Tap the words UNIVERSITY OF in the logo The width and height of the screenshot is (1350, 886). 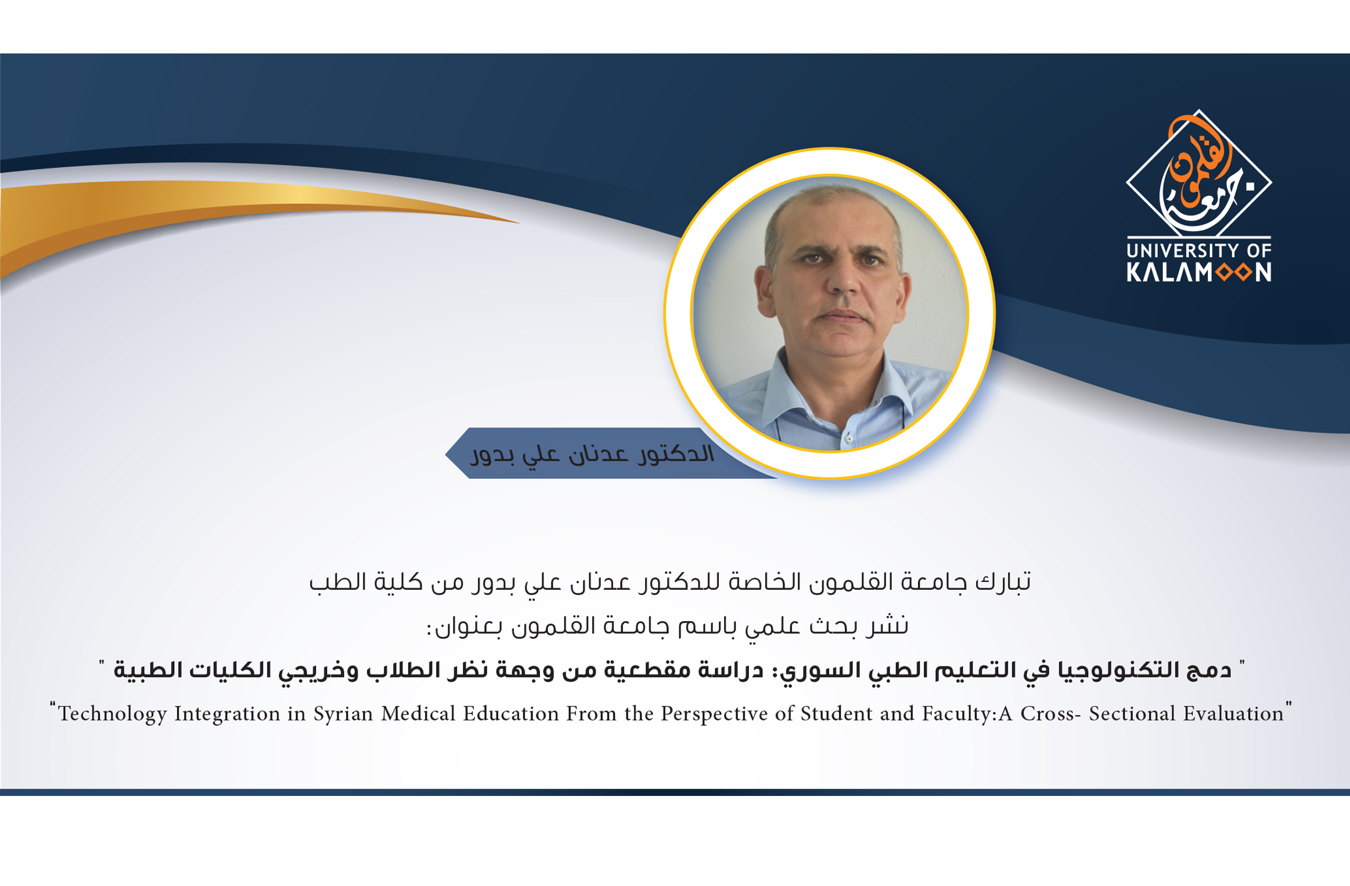tap(1199, 251)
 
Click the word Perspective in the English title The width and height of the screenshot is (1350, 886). tap(714, 714)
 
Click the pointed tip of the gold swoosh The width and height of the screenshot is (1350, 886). tap(519, 223)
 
